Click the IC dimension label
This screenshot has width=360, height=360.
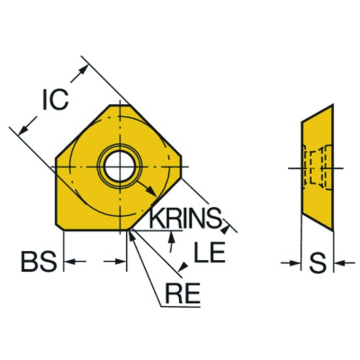pyautogui.click(x=56, y=99)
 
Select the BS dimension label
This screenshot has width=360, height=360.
pyautogui.click(x=39, y=262)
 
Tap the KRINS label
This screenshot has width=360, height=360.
pyautogui.click(x=185, y=218)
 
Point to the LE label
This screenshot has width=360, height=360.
pyautogui.click(x=209, y=252)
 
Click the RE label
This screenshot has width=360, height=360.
pyautogui.click(x=183, y=293)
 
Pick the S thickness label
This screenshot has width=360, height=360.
pyautogui.click(x=317, y=263)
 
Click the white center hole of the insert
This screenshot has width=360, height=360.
pyautogui.click(x=120, y=166)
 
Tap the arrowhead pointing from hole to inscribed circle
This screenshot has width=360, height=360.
pyautogui.click(x=152, y=192)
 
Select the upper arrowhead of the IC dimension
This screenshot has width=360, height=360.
pyautogui.click(x=83, y=70)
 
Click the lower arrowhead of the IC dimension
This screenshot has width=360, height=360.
pyautogui.click(x=24, y=130)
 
